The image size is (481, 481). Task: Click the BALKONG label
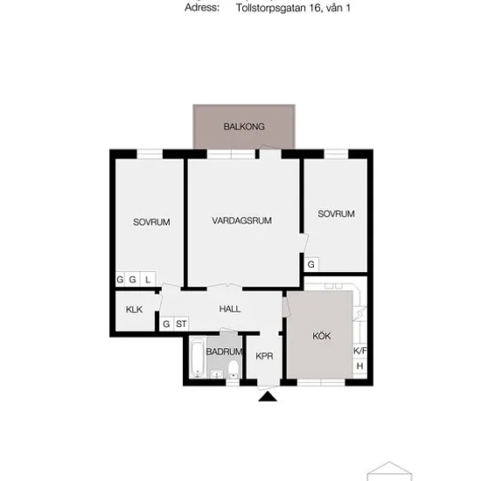coord(244,127)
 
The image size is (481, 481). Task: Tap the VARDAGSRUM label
coord(241,220)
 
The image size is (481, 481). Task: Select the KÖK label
coord(322,336)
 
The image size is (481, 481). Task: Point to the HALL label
coord(230,309)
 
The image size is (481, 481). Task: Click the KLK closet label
coord(134,310)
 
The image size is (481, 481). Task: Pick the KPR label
coord(264,356)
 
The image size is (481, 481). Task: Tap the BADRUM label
coord(224,352)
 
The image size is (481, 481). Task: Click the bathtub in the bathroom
coord(197,358)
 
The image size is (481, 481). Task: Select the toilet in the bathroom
coord(234,369)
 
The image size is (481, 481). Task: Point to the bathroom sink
coord(218,374)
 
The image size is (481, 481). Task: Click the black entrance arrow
coord(268,396)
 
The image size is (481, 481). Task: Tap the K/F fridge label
coord(359,351)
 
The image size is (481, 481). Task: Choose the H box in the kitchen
coord(359,366)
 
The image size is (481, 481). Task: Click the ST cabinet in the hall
coord(181,324)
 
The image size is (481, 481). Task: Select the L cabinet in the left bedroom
coord(148,280)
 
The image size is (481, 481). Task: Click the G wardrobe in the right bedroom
coord(311,264)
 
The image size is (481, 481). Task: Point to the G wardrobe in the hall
coord(166,324)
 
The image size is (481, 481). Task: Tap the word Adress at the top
coord(202,7)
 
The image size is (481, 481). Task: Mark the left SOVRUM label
coord(151,222)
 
